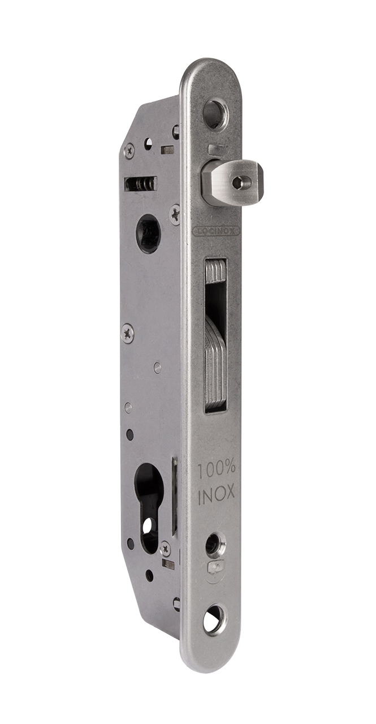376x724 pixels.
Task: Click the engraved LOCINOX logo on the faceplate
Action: (217, 231)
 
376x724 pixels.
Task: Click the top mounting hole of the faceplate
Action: (214, 113)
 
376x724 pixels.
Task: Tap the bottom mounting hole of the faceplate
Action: (214, 620)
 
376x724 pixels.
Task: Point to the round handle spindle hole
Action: (148, 232)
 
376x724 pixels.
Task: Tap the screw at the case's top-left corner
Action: (129, 150)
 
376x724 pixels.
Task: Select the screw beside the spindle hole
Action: (175, 214)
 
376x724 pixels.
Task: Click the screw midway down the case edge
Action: (128, 333)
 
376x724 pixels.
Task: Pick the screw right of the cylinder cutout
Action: (165, 547)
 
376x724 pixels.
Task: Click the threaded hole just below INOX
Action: (215, 544)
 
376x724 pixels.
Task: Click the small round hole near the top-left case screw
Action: (149, 144)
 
